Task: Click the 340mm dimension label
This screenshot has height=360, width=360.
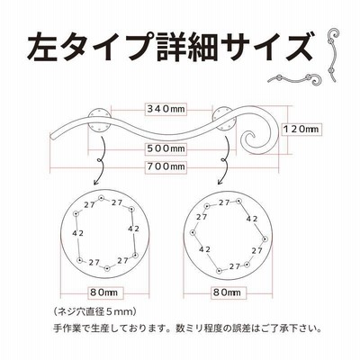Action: pos(166,109)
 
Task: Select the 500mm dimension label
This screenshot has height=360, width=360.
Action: pos(166,148)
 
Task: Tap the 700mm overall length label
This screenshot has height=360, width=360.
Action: pos(166,166)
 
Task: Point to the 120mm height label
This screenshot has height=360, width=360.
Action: pos(301,129)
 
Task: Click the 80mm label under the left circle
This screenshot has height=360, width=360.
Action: pos(104,292)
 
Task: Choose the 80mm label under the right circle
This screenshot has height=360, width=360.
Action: pos(227,292)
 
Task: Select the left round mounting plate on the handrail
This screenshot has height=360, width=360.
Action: pos(99,119)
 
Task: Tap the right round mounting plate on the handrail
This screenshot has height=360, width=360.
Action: pos(224,118)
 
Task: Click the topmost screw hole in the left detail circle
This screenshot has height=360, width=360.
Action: pos(101,198)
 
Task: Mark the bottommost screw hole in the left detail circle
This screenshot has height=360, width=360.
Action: pos(107,268)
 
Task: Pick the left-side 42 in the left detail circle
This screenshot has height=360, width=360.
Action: pos(78,233)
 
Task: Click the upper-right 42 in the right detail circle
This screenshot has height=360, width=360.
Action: pos(252,219)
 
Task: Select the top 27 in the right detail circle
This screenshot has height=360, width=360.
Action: pos(224,203)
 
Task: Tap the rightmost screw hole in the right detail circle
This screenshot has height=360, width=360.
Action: pos(265,239)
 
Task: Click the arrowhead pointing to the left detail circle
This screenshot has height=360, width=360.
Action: pos(96,182)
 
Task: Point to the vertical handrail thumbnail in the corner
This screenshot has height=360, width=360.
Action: pos(332,55)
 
